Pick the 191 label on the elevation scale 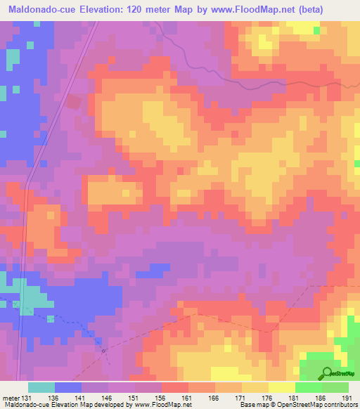pos(346,397)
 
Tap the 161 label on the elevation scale pos(186,397)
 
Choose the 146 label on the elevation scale pos(105,397)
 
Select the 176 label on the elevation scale pos(266,397)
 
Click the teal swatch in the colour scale pos(41,387)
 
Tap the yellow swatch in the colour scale pos(282,387)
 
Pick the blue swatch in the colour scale pos(68,387)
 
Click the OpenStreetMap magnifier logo pos(326,373)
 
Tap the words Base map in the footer pos(251,405)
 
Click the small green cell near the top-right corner pos(316,31)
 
